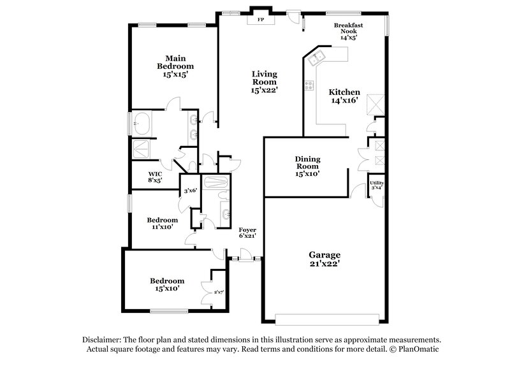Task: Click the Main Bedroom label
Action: [175, 65]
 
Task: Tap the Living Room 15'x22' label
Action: [263, 82]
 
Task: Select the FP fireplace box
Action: [260, 20]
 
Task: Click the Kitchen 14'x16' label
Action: [344, 96]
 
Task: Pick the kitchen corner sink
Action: [316, 60]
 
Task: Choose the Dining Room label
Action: [307, 165]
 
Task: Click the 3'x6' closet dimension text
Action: [190, 191]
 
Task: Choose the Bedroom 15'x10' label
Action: [167, 284]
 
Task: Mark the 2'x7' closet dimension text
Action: [218, 292]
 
